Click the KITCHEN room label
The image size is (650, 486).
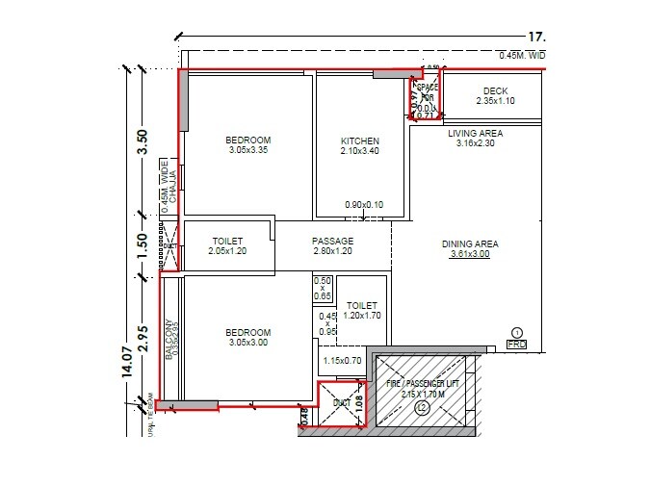[353, 141]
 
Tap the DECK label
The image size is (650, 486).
[495, 90]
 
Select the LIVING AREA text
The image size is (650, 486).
[475, 133]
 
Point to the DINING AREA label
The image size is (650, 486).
[470, 244]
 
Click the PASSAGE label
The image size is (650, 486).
[333, 241]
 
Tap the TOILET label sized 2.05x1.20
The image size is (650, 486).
[227, 241]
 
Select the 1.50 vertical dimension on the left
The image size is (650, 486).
[143, 246]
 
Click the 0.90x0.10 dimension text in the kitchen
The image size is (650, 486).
[364, 204]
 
